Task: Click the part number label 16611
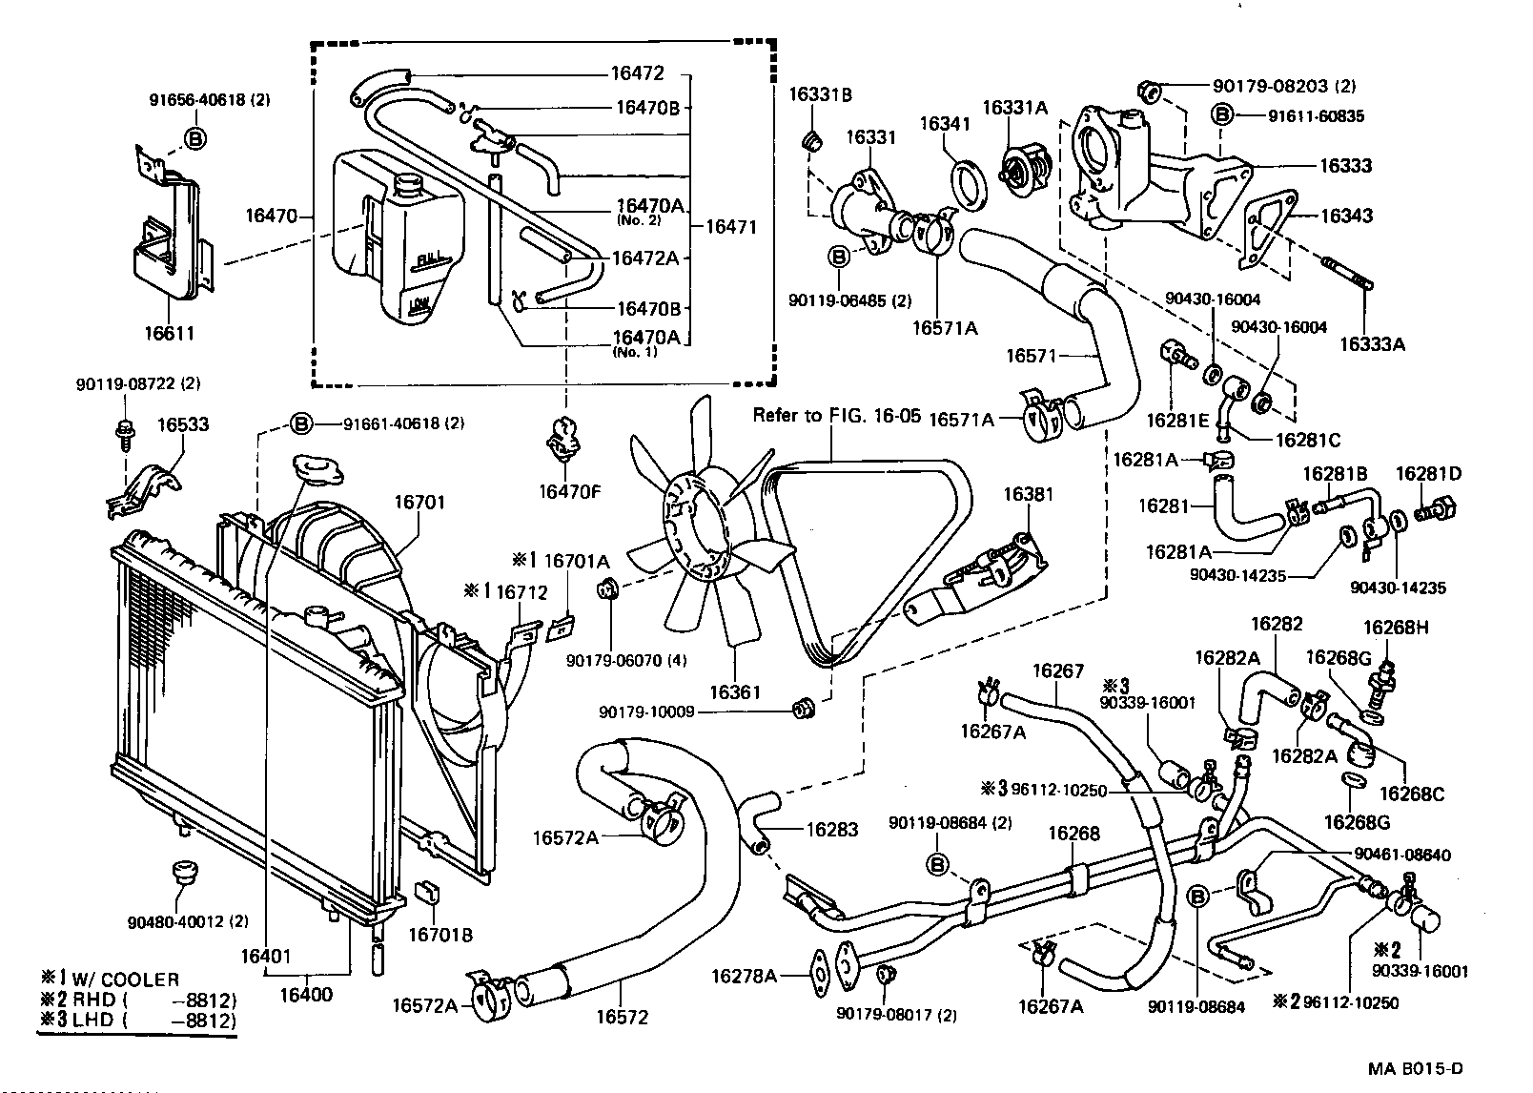pyautogui.click(x=169, y=333)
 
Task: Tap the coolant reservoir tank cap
pyautogui.click(x=410, y=184)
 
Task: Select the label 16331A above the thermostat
pyautogui.click(x=1014, y=108)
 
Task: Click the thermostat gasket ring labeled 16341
pyautogui.click(x=971, y=184)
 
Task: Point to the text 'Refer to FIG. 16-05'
pyautogui.click(x=836, y=415)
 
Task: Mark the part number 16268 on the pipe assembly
pyautogui.click(x=1073, y=834)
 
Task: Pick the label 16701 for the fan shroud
pyautogui.click(x=420, y=503)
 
